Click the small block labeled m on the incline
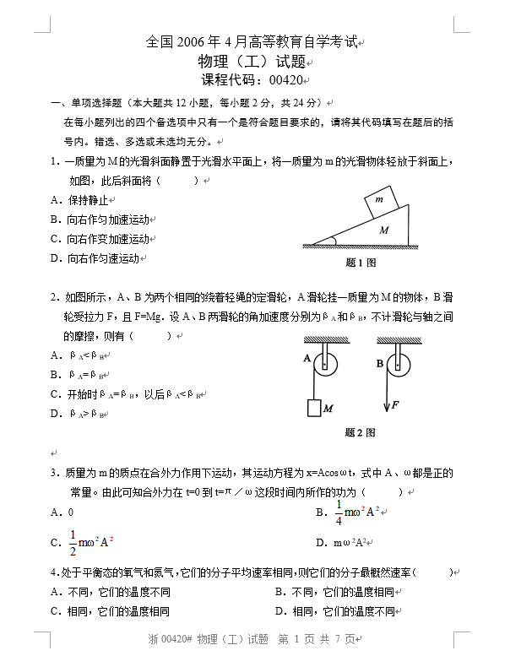[x=378, y=202]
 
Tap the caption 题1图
[x=361, y=263]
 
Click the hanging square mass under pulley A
[x=314, y=408]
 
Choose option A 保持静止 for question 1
[x=79, y=200]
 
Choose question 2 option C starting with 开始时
[x=127, y=394]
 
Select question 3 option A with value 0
[x=62, y=512]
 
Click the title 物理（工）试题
[x=252, y=61]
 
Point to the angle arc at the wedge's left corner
[x=332, y=241]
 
